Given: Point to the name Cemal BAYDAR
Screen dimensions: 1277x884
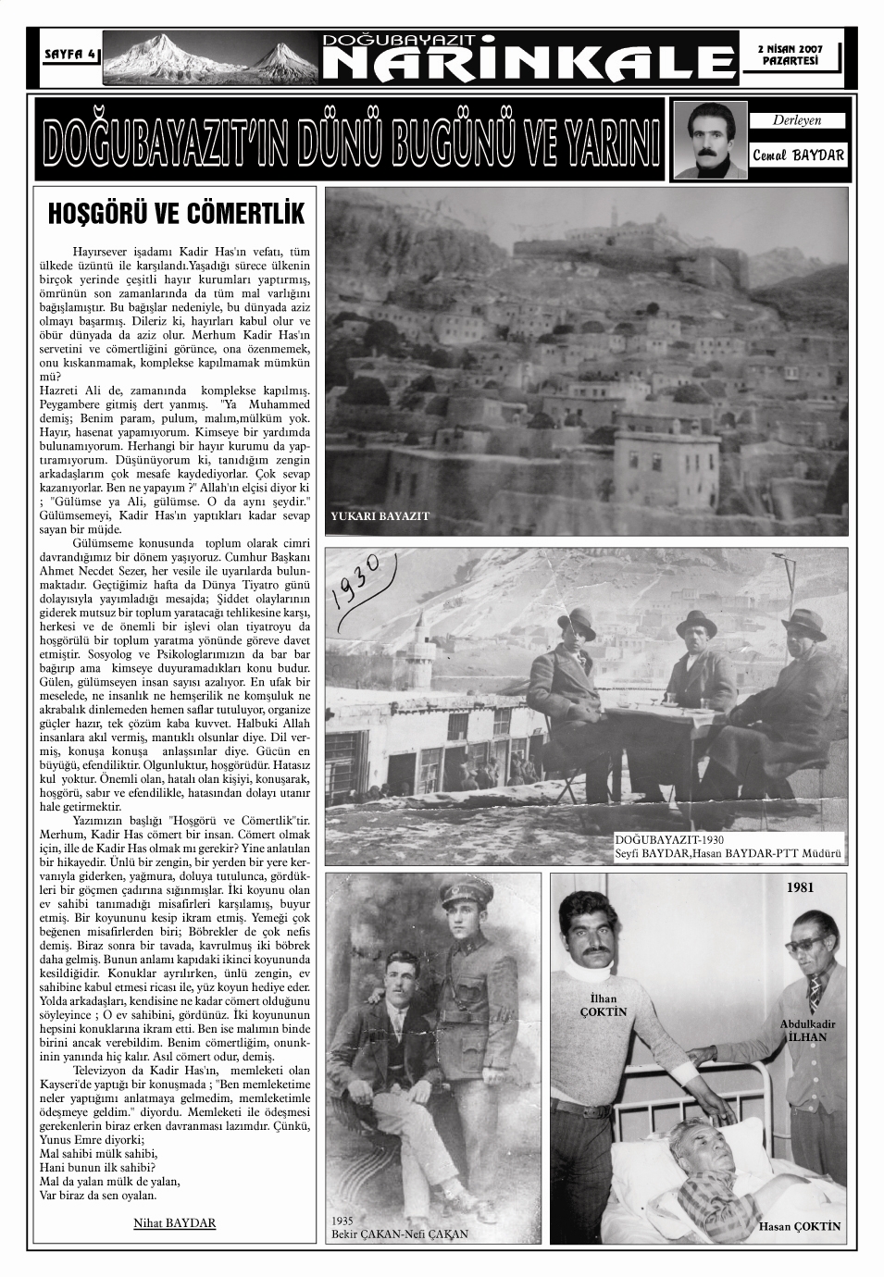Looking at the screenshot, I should pos(798,155).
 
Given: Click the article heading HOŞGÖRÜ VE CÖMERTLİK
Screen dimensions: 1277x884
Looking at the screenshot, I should pos(176,215).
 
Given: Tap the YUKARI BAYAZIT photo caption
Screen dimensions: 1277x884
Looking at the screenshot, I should pos(380,516).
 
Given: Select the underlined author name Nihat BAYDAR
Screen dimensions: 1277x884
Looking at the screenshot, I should pos(175,1222).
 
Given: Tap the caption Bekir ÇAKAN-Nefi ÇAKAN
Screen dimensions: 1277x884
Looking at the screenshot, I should pos(400,1234).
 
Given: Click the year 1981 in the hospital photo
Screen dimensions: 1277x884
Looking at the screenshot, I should pos(800,886).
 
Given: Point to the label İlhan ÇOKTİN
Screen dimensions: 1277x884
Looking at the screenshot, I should pos(603,1005).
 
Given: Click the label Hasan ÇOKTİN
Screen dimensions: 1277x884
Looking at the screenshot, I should pos(800,1227).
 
